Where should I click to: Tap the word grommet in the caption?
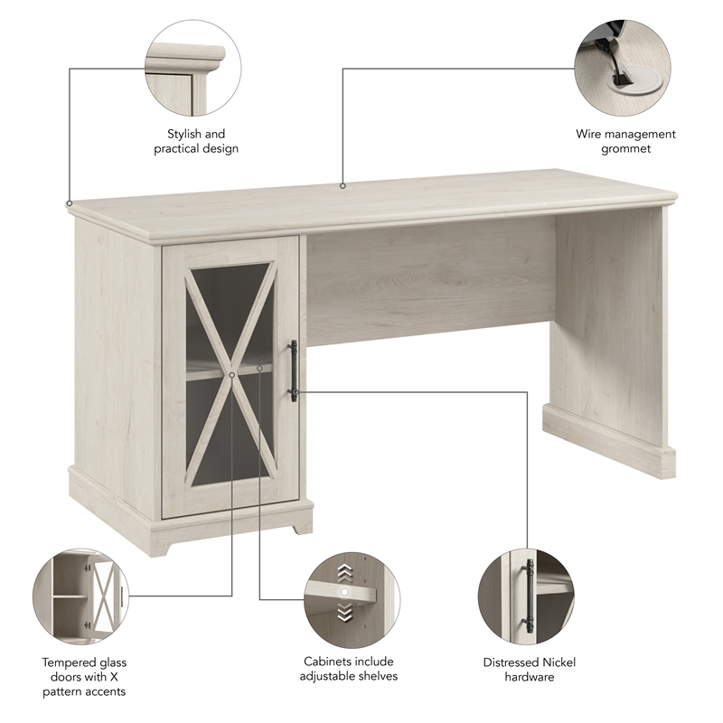(625, 148)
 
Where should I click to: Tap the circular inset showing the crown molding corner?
(193, 69)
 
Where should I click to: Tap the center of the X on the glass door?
(231, 372)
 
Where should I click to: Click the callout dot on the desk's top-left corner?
(70, 202)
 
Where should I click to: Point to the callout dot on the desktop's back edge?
(343, 186)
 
